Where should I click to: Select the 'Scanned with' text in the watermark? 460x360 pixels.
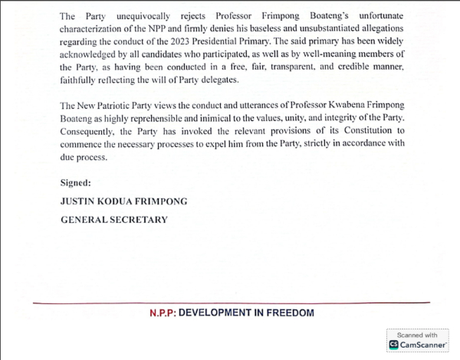tap(417, 335)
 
